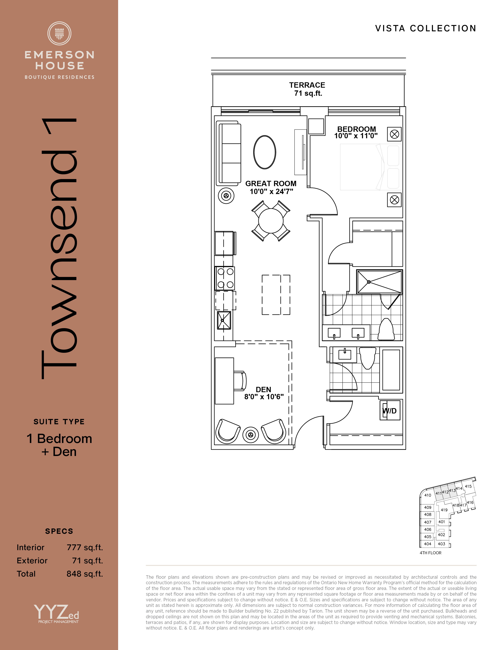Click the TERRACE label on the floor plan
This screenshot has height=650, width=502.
coord(307,85)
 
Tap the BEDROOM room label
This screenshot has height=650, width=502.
coord(357,129)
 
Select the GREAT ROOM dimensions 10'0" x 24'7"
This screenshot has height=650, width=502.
coord(271,191)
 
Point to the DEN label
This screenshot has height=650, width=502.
coord(263,390)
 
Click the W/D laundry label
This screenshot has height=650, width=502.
coord(390,411)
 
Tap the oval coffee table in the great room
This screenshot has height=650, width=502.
coord(265,152)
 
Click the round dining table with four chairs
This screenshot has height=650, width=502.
coord(271,221)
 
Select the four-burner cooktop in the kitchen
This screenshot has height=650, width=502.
coord(225,278)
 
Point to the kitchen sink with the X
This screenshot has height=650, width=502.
coord(224,320)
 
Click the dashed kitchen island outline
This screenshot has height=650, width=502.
coord(276,295)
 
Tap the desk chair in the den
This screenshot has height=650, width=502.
coord(240,381)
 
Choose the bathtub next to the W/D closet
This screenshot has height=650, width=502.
coord(391,370)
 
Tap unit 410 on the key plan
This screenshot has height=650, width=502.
coord(428,495)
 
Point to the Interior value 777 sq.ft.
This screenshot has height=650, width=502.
coord(85,547)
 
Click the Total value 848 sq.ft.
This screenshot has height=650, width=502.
coord(85,574)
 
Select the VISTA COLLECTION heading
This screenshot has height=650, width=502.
coord(426,28)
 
